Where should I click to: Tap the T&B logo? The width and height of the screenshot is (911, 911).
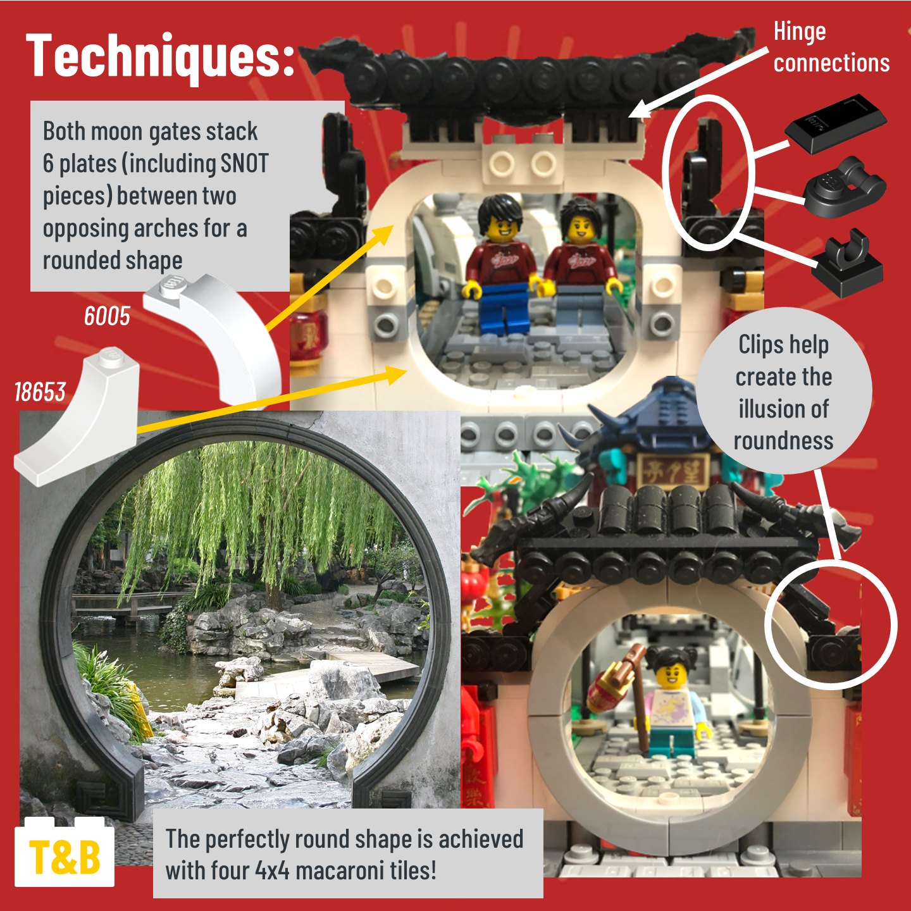tap(65, 856)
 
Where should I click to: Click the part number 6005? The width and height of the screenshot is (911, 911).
tap(108, 316)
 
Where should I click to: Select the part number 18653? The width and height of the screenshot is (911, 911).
tap(40, 392)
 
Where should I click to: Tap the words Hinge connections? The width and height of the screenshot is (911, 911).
tap(831, 47)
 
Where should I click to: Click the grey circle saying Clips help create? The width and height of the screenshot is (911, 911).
tap(784, 392)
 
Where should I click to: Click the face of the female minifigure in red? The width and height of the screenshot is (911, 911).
tap(579, 230)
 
